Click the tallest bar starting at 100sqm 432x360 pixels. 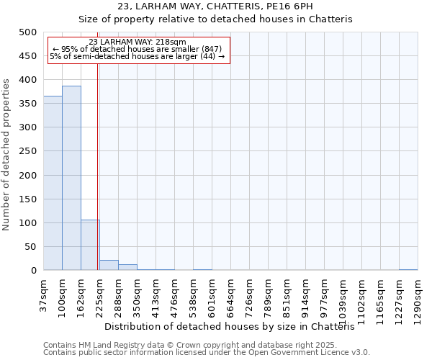point(71,178)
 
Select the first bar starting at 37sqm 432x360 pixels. point(53,183)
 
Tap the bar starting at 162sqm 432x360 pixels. point(90,245)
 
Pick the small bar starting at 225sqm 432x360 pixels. point(109,265)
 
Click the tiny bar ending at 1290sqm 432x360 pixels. point(408,269)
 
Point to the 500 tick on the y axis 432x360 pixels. point(28,32)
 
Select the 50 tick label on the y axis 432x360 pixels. point(31,247)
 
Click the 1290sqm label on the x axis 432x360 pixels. point(418,296)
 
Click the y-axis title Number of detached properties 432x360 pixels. point(7,152)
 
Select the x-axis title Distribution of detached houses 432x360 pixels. point(235,327)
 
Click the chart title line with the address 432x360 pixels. point(215,6)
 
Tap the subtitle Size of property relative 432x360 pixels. point(215,19)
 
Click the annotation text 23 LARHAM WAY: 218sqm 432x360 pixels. point(138,42)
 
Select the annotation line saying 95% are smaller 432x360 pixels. point(138,49)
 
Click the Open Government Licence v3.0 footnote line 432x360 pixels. point(207,353)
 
